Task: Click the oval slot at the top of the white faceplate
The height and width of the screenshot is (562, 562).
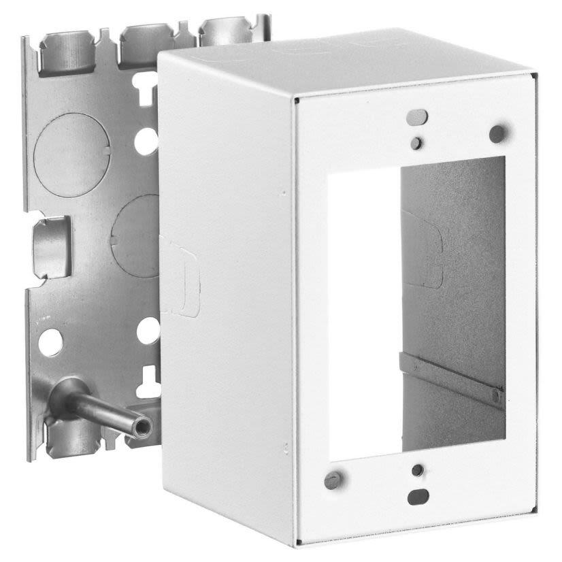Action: click(417, 117)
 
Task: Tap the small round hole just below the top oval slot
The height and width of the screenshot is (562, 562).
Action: click(416, 143)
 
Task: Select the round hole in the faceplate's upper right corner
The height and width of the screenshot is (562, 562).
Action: click(497, 133)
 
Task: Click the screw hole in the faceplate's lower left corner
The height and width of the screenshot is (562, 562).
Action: click(332, 480)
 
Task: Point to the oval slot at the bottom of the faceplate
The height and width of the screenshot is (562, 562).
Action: click(417, 497)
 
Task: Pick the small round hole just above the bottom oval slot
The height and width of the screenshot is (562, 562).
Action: click(418, 470)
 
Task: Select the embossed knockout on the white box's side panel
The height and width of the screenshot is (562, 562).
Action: click(178, 276)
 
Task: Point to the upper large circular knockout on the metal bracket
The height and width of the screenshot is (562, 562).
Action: click(71, 146)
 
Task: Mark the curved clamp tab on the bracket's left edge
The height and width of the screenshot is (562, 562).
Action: click(51, 247)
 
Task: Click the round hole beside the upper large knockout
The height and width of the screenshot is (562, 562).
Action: click(146, 141)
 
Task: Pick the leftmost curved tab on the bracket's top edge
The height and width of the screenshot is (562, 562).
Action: click(65, 49)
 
